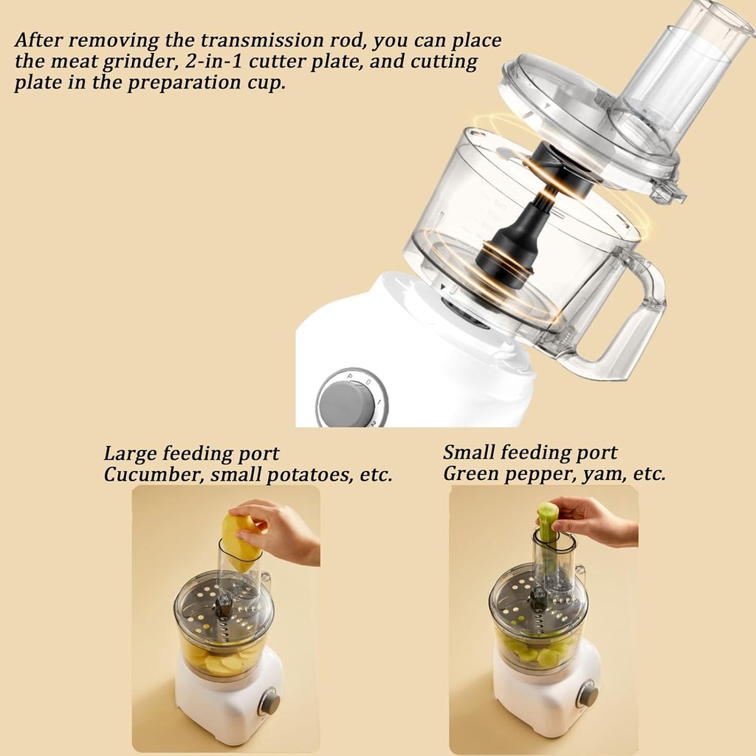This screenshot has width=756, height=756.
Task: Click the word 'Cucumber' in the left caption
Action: [x=151, y=474]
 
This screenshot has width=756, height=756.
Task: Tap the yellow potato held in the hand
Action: [x=240, y=543]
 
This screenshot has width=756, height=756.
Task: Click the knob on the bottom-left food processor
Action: [x=269, y=702]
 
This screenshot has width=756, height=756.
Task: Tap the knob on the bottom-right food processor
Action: [x=588, y=694]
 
